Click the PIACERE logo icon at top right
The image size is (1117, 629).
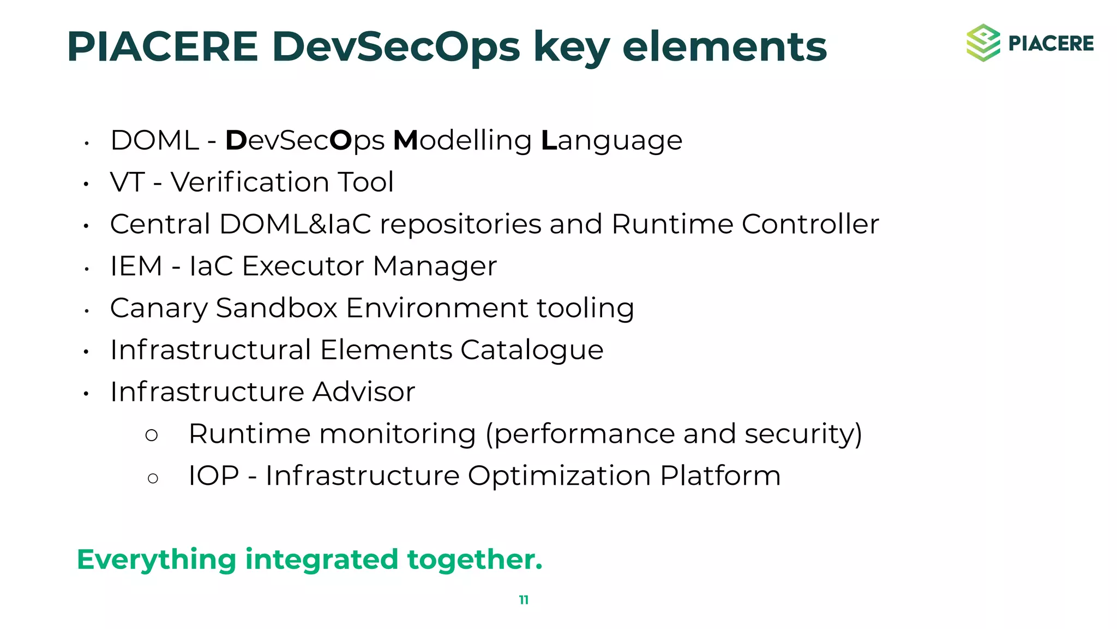(983, 43)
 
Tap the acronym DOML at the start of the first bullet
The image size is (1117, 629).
(154, 140)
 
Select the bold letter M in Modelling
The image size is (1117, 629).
(405, 140)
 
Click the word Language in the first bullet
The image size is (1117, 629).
(611, 141)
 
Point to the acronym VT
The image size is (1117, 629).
(127, 182)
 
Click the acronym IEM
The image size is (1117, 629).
(136, 266)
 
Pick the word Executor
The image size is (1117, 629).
(303, 266)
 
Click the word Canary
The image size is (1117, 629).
(159, 308)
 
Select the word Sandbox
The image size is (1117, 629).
(277, 308)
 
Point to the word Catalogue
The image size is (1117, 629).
(532, 350)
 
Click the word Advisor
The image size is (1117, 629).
(364, 391)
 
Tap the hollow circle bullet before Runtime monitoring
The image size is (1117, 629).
(152, 435)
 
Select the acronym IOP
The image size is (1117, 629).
(213, 476)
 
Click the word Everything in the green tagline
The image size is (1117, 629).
(156, 560)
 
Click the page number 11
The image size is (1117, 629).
(524, 600)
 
